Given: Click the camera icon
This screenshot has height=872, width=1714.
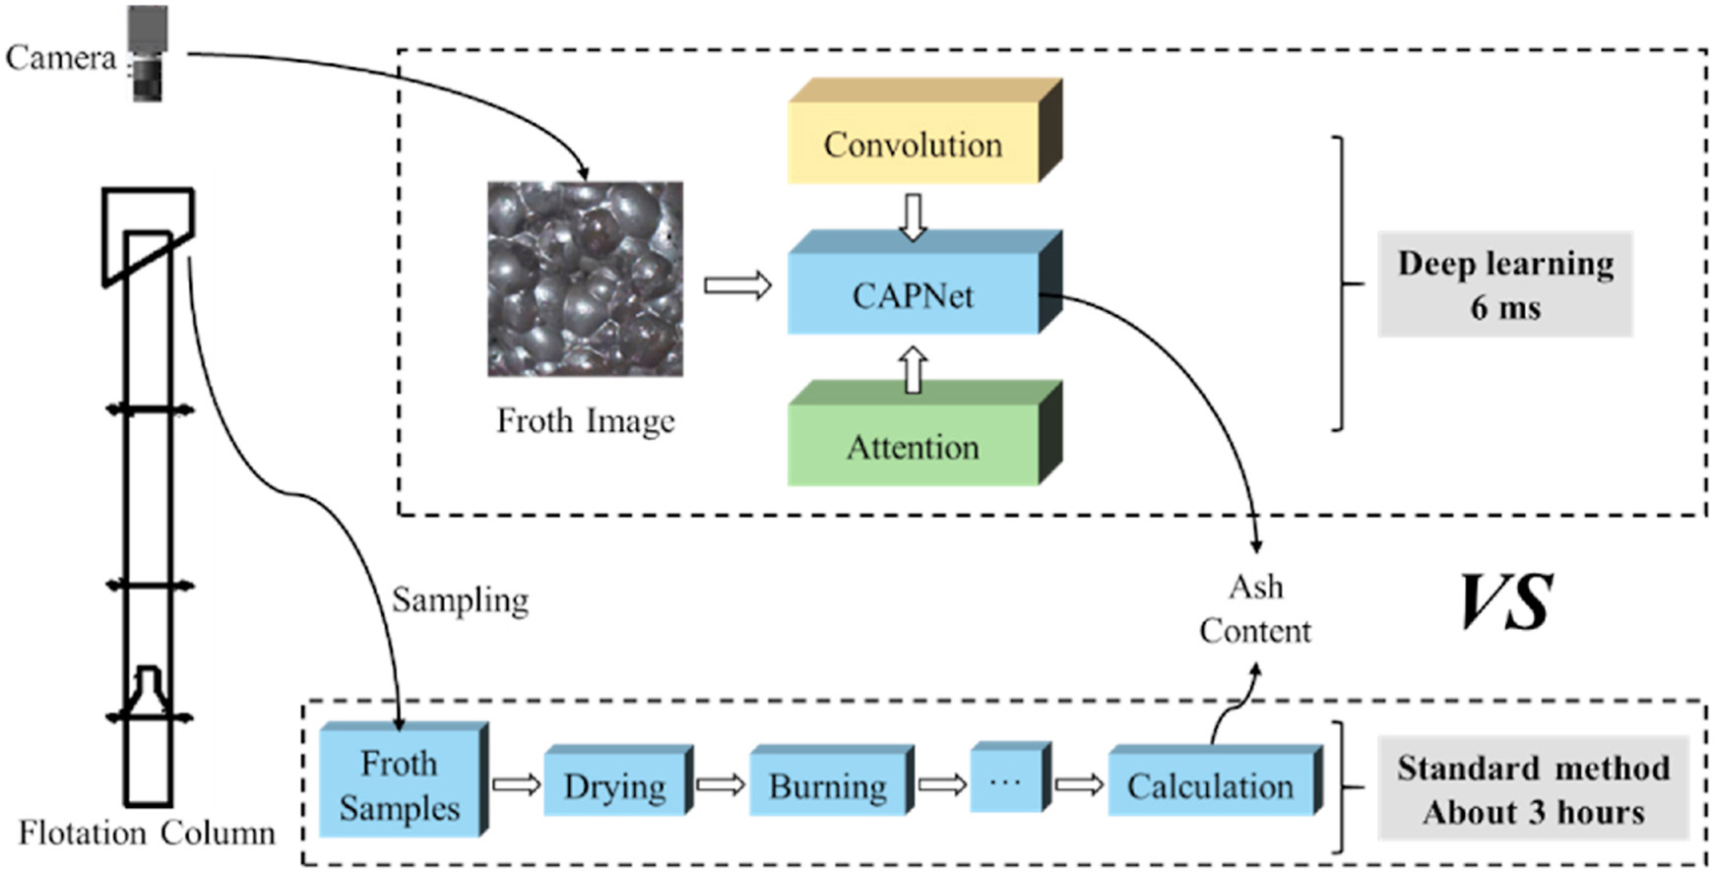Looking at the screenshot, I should click(x=148, y=53).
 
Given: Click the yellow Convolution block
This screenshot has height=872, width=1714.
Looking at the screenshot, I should click(x=914, y=144).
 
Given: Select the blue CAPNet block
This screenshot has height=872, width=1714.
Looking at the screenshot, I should click(x=914, y=294).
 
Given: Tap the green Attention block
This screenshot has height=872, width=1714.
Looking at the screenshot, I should click(x=914, y=447).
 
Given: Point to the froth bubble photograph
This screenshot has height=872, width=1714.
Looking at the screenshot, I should click(x=585, y=279).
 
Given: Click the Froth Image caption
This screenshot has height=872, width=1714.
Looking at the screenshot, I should click(x=585, y=421).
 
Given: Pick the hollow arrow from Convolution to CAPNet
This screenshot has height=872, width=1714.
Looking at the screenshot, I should click(x=914, y=217).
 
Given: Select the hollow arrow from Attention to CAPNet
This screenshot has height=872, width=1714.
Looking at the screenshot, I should click(x=914, y=370).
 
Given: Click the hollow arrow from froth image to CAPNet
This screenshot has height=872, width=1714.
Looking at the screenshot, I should click(x=737, y=286).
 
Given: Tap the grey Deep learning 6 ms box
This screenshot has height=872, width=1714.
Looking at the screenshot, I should click(x=1504, y=284).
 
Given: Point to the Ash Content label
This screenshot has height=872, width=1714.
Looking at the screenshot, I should click(x=1255, y=608).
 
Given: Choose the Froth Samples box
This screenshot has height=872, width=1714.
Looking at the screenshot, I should click(x=400, y=785).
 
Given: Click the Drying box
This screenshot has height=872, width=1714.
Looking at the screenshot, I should click(x=615, y=785).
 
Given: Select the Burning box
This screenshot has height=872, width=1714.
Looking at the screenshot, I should click(x=828, y=785).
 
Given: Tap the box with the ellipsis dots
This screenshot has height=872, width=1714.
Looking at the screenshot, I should click(x=1005, y=781).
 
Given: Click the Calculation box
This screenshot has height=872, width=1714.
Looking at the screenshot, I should click(x=1211, y=785).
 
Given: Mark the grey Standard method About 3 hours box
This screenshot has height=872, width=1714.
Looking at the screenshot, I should click(x=1533, y=789).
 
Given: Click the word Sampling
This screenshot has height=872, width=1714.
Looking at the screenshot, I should click(x=460, y=599).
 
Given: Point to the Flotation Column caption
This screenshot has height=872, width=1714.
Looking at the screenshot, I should click(x=147, y=833).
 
